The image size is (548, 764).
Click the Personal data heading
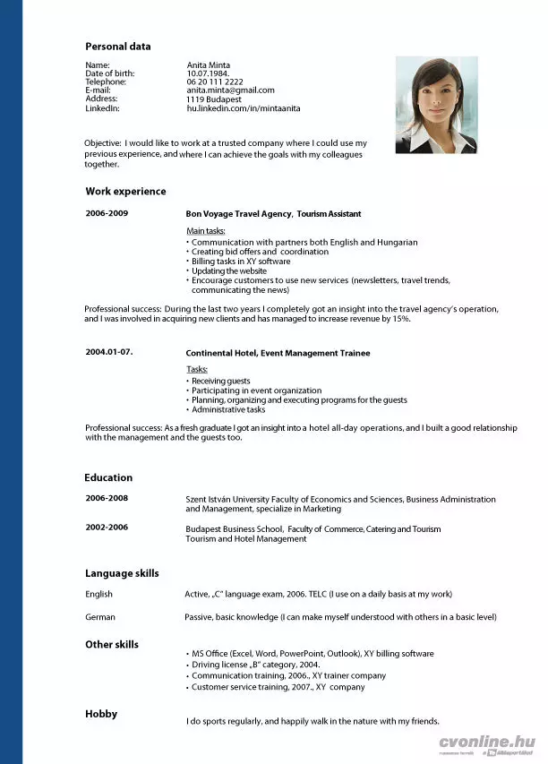click(x=118, y=47)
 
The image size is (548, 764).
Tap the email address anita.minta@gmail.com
click(x=230, y=90)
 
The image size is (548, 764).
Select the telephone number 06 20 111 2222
click(x=215, y=82)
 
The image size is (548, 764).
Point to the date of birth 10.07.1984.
click(x=208, y=73)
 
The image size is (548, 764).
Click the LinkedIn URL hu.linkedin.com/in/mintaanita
click(x=244, y=108)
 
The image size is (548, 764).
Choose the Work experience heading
click(x=125, y=192)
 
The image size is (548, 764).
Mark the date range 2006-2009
click(x=107, y=213)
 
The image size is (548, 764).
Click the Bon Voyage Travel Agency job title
click(x=273, y=214)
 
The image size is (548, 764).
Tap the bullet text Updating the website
click(x=229, y=270)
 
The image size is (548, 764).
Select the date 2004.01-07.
click(x=109, y=351)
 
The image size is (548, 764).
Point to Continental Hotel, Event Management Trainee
click(x=278, y=353)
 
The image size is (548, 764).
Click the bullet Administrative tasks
click(x=228, y=409)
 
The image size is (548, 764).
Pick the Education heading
click(x=108, y=478)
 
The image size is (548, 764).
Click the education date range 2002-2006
click(x=107, y=527)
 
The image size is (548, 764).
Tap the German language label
click(x=99, y=617)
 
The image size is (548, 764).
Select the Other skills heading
click(x=112, y=645)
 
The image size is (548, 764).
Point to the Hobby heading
click(x=101, y=714)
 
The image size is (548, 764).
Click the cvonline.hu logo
click(x=487, y=743)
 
